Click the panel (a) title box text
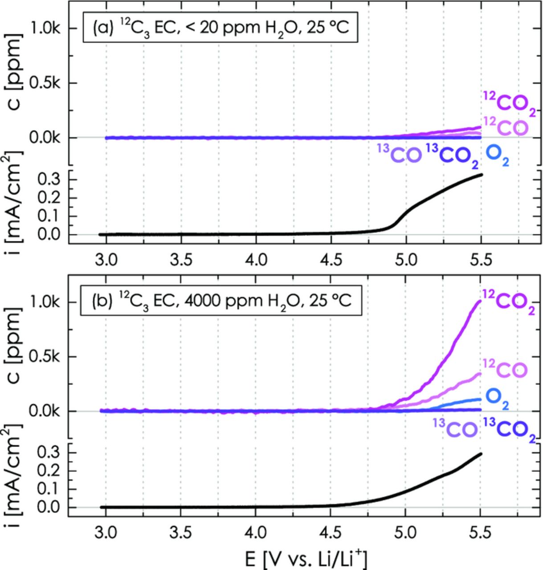[220, 29]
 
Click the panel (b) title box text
[219, 301]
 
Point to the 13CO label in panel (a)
[400, 155]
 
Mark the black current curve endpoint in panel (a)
[481, 175]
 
